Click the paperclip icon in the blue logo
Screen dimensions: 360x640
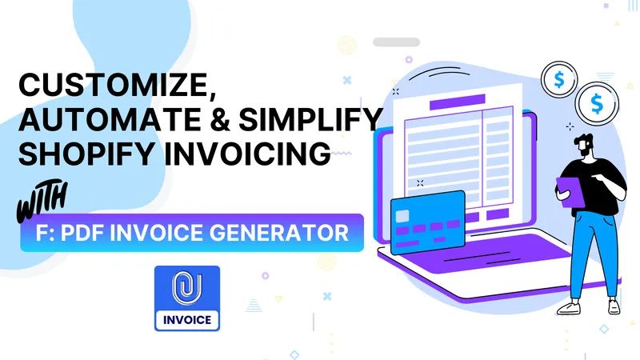[186, 287]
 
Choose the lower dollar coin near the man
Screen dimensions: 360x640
[596, 102]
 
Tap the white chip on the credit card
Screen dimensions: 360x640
[402, 214]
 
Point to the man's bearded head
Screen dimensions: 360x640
[585, 143]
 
